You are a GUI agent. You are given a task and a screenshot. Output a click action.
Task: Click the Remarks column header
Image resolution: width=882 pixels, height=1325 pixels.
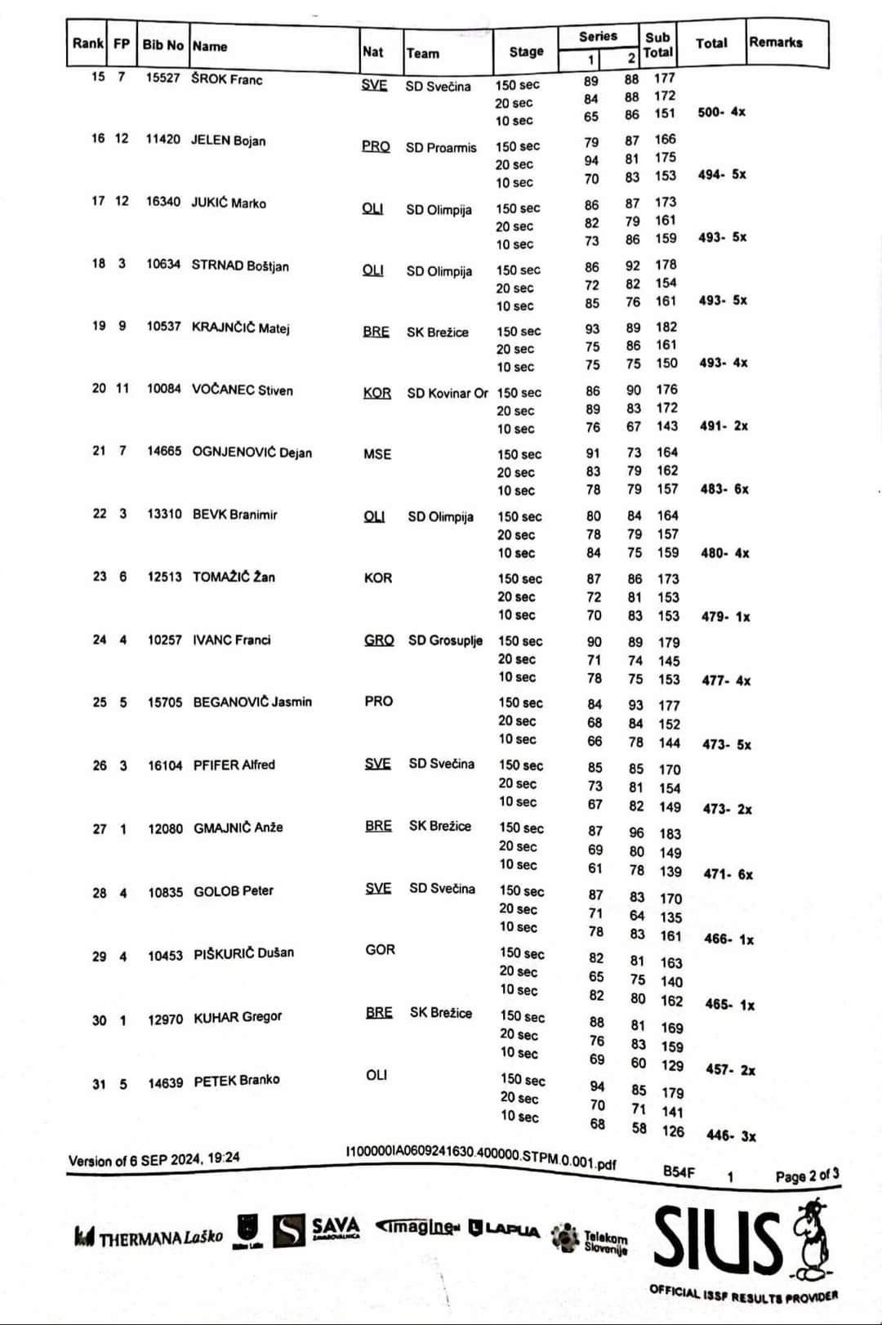tap(776, 42)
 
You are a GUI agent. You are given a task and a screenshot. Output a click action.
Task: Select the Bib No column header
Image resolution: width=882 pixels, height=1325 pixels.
tap(163, 45)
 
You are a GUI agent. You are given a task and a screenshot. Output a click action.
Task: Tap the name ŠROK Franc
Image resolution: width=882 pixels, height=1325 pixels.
tap(226, 79)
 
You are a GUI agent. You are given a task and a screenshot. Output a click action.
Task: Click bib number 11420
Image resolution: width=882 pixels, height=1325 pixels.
tap(163, 140)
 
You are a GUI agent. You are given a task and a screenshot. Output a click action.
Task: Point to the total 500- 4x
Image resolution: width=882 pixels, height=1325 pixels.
tap(721, 112)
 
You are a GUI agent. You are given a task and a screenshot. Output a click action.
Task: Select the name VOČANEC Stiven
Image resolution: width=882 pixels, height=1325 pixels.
tap(242, 390)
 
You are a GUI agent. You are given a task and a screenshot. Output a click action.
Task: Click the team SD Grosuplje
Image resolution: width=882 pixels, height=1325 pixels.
tap(445, 640)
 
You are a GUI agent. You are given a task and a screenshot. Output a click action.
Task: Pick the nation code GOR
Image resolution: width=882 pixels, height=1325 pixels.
tap(380, 949)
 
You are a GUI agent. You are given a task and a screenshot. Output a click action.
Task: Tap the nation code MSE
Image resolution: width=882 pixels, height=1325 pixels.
tap(377, 454)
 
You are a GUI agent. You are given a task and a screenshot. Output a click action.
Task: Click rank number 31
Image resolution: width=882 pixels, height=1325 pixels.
tap(99, 1084)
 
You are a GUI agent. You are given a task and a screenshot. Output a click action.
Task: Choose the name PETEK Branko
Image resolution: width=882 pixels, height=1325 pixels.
tap(236, 1081)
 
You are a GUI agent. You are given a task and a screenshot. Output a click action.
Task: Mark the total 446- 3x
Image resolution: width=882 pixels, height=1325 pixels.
tap(731, 1135)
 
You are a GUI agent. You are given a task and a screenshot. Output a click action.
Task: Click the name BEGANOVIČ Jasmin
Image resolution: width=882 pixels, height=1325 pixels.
tap(252, 702)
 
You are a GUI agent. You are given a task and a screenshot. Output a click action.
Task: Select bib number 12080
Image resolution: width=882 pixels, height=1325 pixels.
tap(165, 828)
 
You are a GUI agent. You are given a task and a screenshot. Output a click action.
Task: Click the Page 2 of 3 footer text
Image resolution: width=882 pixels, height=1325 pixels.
tap(806, 1176)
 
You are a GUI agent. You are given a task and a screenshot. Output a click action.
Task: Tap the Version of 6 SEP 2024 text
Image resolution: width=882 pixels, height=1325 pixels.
tap(154, 1159)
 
